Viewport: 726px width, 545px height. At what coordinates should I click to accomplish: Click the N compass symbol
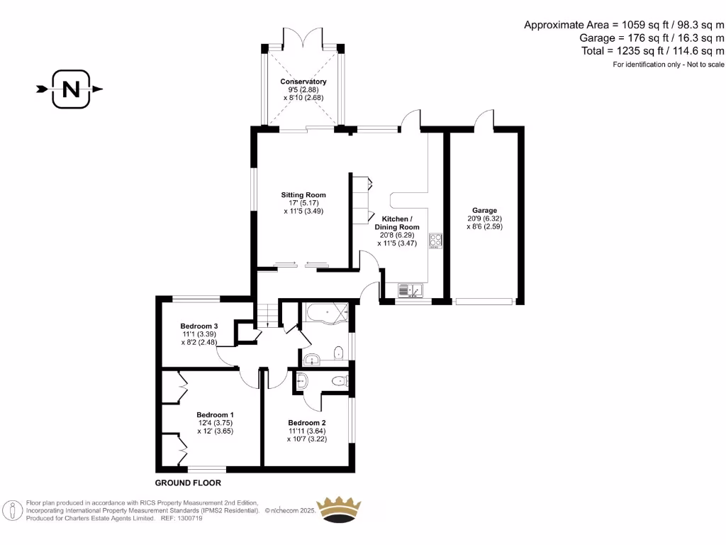point(71,89)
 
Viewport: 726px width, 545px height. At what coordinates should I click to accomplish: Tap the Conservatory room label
point(303,82)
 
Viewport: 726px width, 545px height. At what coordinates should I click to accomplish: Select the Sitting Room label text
point(303,194)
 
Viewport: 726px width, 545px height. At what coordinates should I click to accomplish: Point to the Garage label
point(485,210)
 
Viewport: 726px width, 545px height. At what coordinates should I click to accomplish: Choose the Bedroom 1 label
point(215,414)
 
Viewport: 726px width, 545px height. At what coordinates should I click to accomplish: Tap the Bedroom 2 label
point(306,422)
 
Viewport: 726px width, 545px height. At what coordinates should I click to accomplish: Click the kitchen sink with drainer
point(409,290)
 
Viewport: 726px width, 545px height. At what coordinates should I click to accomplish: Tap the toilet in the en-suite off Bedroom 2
point(341,382)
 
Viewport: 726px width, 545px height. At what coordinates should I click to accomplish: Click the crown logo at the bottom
point(338,510)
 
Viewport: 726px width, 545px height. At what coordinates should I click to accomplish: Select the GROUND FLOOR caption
point(188,483)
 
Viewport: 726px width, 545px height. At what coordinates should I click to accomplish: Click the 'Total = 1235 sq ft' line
point(652,50)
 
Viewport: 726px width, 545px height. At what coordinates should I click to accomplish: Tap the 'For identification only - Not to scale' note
point(669,65)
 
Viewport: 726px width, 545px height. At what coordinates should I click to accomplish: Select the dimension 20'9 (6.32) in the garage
point(485,219)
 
